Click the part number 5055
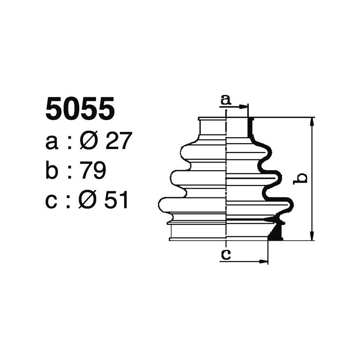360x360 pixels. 80,109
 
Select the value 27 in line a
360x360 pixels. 118,142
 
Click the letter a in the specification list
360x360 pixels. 52,143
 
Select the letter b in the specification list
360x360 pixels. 52,171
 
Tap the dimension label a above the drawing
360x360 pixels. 225,100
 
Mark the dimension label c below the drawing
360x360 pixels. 225,255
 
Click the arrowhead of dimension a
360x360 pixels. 245,107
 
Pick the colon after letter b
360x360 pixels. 70,171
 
